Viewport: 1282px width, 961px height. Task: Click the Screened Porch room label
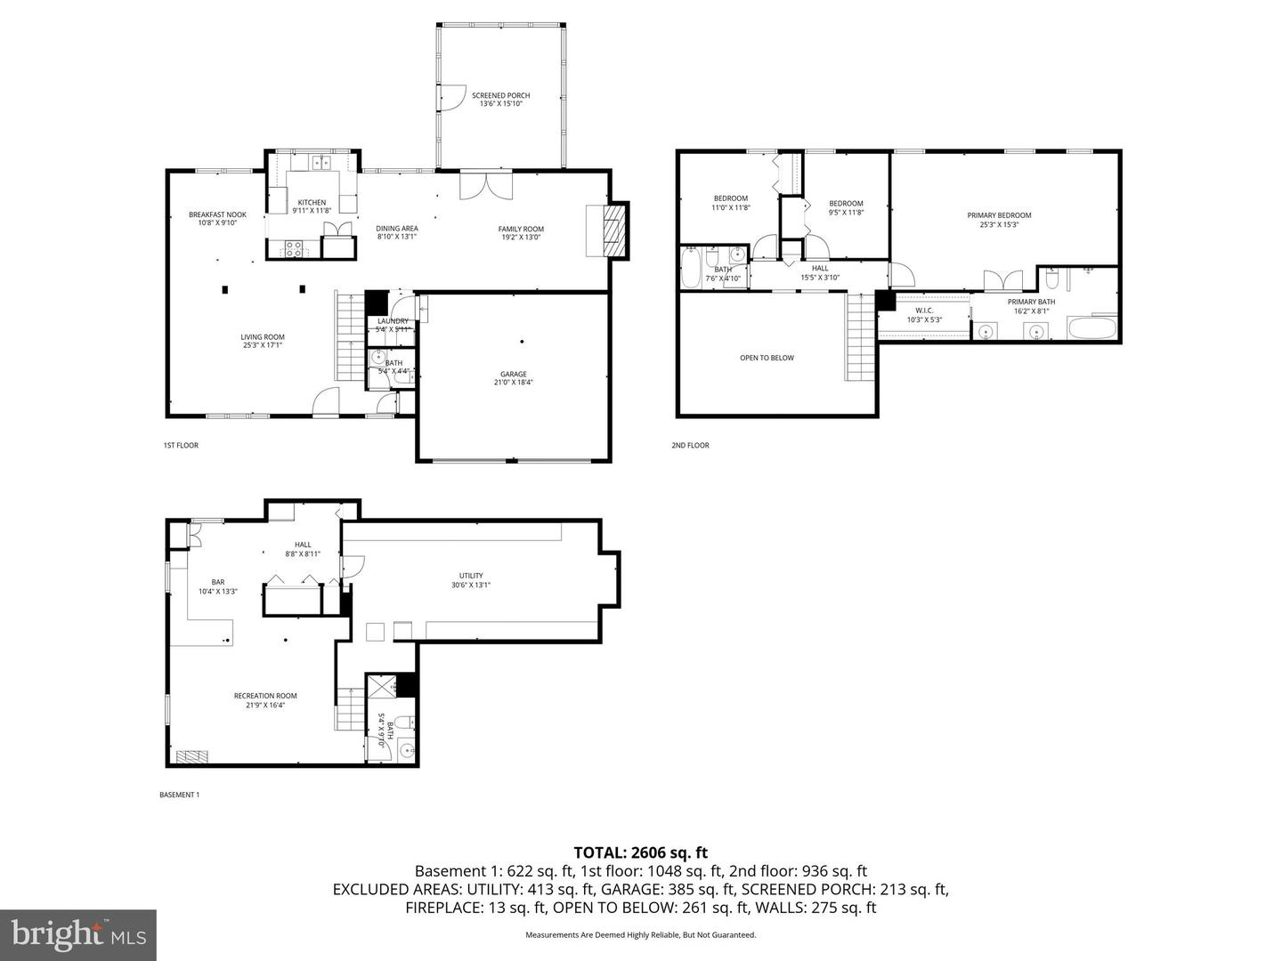click(500, 100)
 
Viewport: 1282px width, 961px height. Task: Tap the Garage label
click(513, 378)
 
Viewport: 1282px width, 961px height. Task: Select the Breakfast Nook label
click(217, 219)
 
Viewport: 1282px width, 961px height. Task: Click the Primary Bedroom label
click(999, 220)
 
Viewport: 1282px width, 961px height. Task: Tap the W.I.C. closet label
click(923, 315)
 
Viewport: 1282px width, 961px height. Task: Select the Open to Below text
click(767, 358)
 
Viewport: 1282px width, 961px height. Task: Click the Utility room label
click(471, 580)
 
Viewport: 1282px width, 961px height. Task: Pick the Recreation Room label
click(265, 700)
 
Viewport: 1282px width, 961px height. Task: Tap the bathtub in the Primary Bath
click(1091, 329)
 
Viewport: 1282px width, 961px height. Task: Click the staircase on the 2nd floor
click(861, 338)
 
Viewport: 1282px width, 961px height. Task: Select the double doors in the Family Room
click(487, 186)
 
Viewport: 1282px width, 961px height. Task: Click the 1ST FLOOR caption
click(181, 445)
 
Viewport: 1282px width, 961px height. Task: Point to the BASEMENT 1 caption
click(179, 795)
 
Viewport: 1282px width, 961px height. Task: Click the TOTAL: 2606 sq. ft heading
click(640, 852)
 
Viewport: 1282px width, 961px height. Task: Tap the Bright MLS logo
click(78, 934)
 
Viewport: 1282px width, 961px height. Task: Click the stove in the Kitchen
click(293, 250)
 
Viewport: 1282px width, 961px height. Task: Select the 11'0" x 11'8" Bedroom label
click(730, 203)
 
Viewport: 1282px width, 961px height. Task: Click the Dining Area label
click(396, 232)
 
